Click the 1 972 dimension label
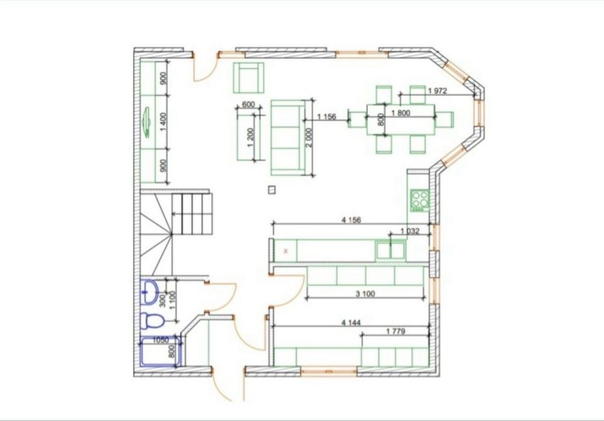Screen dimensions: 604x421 [437, 91]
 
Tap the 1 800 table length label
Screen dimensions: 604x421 [400, 113]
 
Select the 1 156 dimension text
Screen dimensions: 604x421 [327, 116]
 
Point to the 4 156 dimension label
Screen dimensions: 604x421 [352, 220]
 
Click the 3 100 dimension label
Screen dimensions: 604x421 [365, 294]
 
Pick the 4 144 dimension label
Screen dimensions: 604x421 [352, 323]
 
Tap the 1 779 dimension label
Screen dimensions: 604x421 [396, 331]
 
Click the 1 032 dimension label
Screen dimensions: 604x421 [410, 231]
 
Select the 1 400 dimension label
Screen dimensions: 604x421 [163, 122]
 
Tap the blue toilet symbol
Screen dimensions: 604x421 [152, 321]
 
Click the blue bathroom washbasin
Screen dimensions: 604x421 [149, 293]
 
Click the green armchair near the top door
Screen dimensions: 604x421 [248, 78]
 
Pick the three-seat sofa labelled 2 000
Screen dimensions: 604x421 [288, 138]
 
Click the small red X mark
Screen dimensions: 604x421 [286, 252]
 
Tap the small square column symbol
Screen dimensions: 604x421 [272, 189]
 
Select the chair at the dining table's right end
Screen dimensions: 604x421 [444, 119]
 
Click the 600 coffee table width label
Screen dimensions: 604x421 [248, 105]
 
